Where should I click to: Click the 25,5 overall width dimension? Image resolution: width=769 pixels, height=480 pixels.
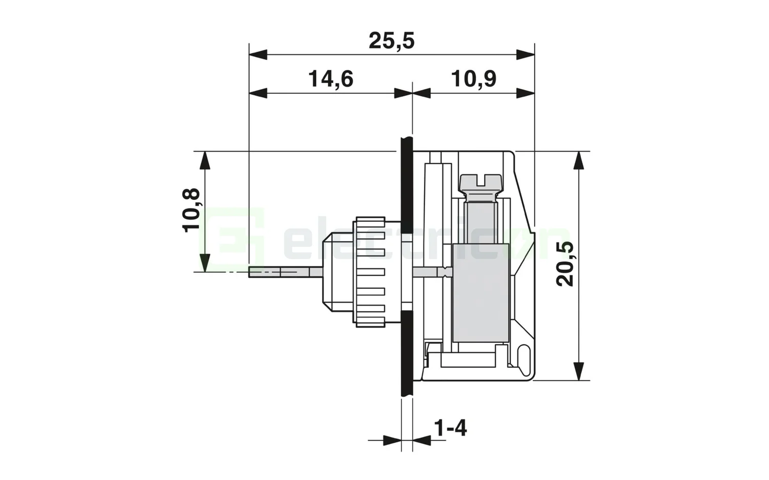coord(391,41)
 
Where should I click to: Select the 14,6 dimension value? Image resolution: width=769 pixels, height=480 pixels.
coord(331,79)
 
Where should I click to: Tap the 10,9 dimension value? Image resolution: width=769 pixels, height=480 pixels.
coord(473,79)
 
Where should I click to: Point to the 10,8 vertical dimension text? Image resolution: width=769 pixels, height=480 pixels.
coord(192,210)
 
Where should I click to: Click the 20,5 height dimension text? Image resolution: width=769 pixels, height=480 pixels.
coord(566,263)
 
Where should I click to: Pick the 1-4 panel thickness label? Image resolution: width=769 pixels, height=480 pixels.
coord(450,428)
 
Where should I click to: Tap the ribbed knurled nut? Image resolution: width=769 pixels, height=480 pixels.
coord(369,272)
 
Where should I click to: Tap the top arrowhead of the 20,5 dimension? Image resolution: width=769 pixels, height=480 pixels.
coord(578,160)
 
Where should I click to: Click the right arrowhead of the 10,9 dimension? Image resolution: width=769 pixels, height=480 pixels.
coord(525,93)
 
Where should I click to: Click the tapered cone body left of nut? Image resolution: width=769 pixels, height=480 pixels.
coord(336,272)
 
